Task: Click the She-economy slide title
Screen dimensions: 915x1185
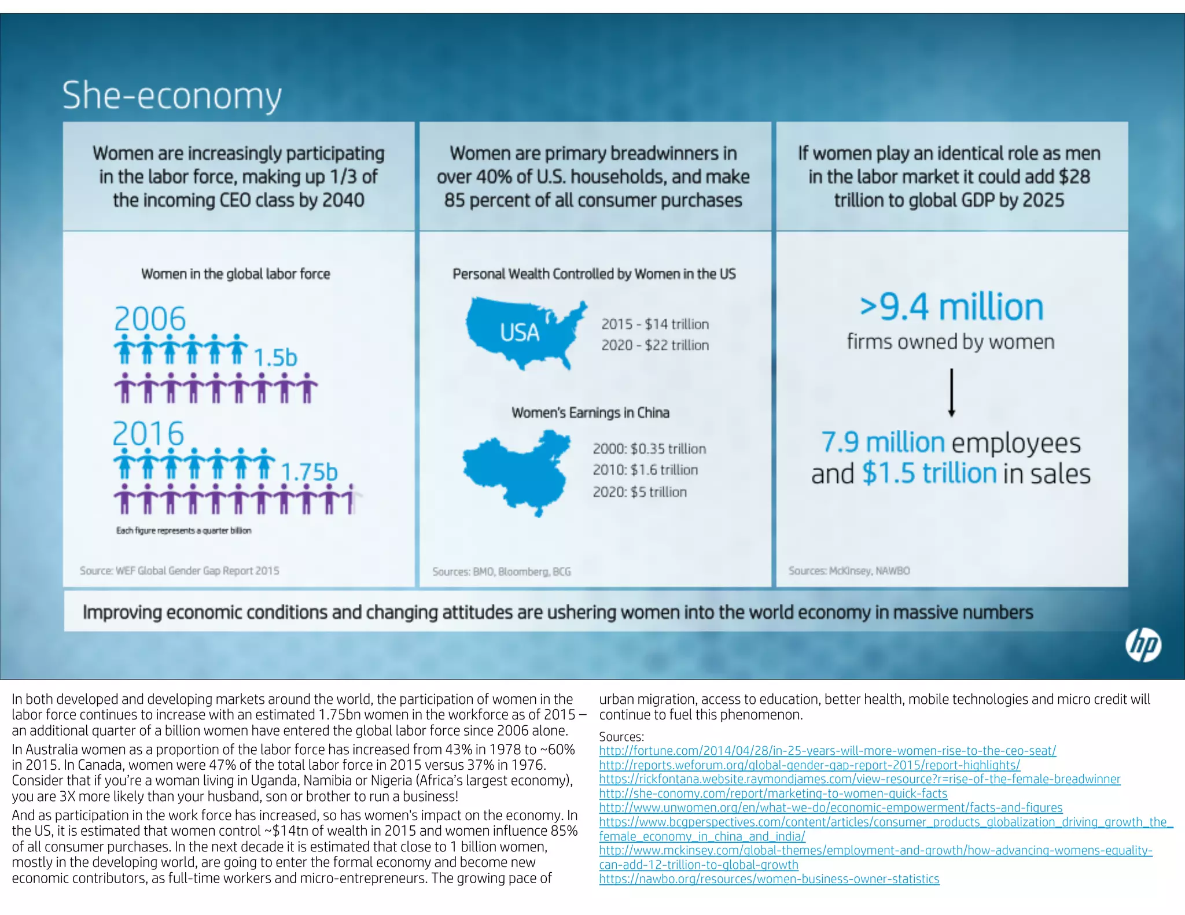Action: (172, 95)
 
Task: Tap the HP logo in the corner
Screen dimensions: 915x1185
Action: (1143, 645)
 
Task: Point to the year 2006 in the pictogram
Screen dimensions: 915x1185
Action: (150, 319)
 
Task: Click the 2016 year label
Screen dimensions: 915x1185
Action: (148, 434)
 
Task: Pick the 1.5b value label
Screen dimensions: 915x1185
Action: (275, 357)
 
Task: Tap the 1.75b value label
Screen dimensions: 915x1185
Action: (308, 472)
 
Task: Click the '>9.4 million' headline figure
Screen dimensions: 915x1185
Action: (951, 307)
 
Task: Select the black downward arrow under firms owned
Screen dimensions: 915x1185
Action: (951, 393)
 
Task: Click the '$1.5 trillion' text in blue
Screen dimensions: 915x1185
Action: (929, 473)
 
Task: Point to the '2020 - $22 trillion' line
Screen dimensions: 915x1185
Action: (655, 345)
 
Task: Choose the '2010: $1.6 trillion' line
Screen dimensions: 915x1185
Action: (645, 470)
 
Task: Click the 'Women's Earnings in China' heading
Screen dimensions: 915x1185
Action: (590, 413)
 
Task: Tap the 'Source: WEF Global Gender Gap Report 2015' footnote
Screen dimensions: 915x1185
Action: (179, 571)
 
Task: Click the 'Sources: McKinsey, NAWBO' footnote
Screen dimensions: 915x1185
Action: (849, 571)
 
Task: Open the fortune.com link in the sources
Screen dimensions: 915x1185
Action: (827, 751)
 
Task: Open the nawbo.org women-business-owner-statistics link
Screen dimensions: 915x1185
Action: (769, 879)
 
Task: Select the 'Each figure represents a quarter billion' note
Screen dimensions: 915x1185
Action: (183, 530)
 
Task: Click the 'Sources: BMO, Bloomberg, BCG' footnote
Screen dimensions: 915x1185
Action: (501, 571)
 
